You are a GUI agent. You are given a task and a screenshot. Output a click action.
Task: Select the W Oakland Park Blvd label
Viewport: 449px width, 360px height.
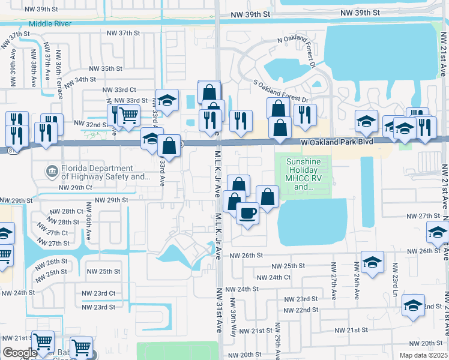click(x=337, y=142)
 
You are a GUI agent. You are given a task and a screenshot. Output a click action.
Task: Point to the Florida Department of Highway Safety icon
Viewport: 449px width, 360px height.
click(x=53, y=172)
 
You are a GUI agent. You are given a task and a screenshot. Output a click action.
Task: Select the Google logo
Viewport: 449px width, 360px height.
click(x=20, y=353)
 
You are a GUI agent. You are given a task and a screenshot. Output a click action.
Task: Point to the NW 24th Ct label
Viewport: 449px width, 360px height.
click(x=273, y=277)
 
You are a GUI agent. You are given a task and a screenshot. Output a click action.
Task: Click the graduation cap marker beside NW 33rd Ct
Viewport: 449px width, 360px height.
click(x=167, y=99)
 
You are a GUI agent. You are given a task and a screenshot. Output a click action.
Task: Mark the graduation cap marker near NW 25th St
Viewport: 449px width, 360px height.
click(x=372, y=262)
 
